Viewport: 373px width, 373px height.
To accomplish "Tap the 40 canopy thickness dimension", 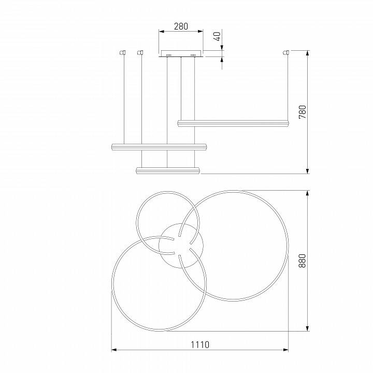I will (x=218, y=36).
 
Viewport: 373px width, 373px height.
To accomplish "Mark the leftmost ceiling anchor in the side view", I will (x=123, y=52).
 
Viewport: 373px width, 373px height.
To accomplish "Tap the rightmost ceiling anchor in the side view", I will (x=285, y=52).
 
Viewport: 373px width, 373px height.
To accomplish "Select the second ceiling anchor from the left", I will (x=140, y=52).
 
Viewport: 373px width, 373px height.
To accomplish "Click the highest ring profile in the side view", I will (x=233, y=123).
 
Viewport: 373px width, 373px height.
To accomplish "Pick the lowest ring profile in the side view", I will (x=167, y=170).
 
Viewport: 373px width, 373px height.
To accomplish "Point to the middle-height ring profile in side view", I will (x=159, y=147).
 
